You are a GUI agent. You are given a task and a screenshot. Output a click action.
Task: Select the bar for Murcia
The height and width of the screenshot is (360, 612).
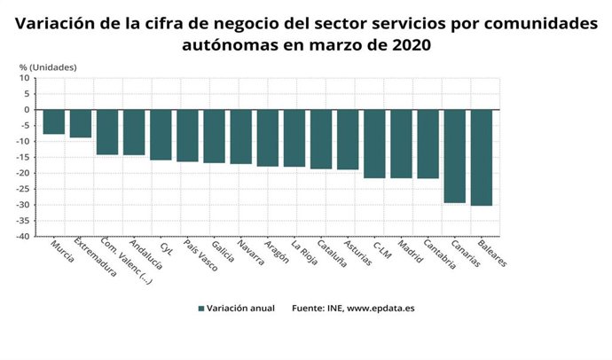click(54, 122)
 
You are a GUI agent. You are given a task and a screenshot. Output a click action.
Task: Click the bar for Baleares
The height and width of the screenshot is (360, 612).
click(482, 158)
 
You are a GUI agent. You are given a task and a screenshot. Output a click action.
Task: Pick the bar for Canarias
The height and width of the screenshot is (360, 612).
click(455, 156)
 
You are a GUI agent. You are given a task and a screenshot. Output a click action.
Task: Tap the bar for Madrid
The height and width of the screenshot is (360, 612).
click(402, 144)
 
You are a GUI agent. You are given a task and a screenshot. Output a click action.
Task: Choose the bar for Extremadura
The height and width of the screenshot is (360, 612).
click(81, 124)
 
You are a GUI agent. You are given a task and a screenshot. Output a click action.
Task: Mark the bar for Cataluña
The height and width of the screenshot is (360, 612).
click(321, 139)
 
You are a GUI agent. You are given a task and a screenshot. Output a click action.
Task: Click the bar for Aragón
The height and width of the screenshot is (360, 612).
click(268, 138)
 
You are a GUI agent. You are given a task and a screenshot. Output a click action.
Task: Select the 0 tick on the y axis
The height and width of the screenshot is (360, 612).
click(27, 110)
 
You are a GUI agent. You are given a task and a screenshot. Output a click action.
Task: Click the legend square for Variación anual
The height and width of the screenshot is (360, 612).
click(201, 309)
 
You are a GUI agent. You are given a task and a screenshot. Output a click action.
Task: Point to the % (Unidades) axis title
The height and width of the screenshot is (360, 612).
click(48, 67)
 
